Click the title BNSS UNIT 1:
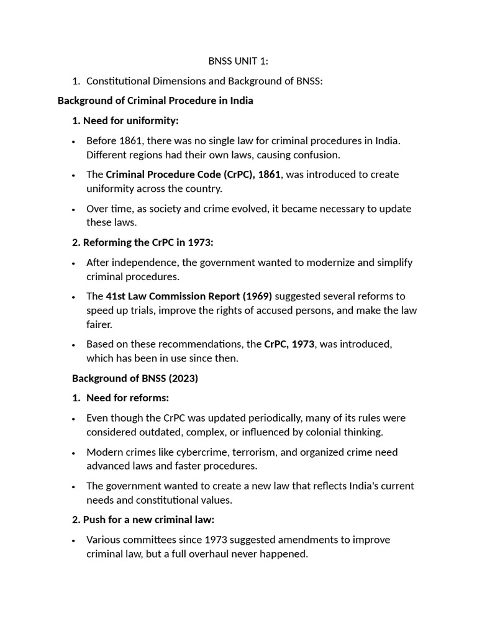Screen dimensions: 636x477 238,61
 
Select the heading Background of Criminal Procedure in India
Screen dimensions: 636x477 155,101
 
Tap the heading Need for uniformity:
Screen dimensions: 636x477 130,120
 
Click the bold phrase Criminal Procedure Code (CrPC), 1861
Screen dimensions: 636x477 193,175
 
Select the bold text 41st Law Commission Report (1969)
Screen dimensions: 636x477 189,296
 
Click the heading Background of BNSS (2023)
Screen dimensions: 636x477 135,378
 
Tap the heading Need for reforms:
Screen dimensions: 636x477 127,397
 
